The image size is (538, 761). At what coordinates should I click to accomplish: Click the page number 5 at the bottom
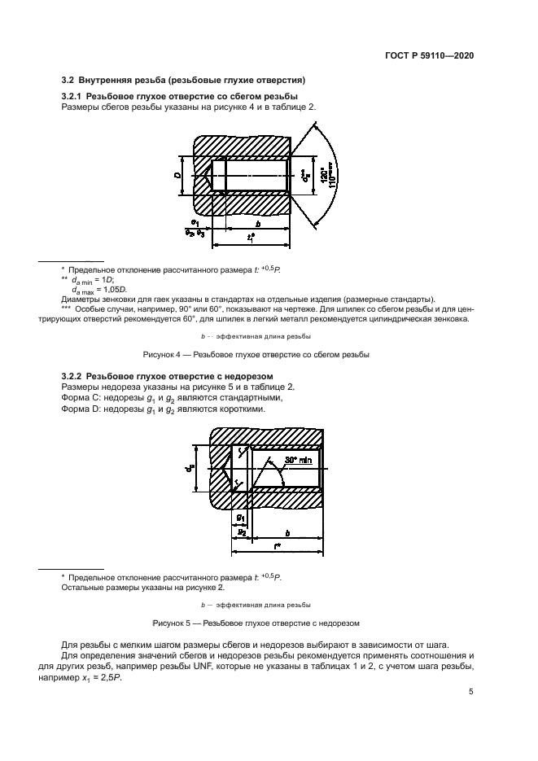tap(471, 693)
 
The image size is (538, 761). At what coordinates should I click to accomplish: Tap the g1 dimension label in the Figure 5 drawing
tap(240, 518)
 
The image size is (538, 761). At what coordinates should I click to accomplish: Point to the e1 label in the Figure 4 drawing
tap(195, 222)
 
